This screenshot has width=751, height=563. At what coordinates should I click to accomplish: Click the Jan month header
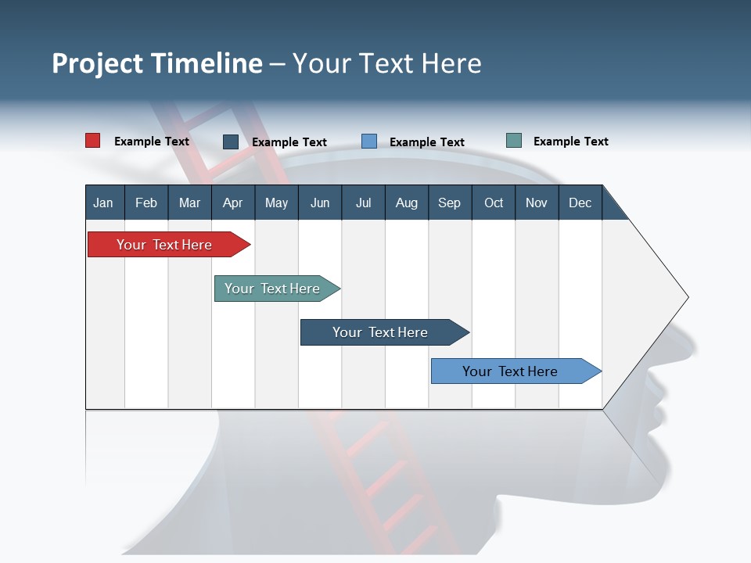[x=103, y=203]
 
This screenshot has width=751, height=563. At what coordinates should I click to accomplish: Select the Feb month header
[x=146, y=203]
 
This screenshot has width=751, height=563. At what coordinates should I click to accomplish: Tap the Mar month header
[x=189, y=203]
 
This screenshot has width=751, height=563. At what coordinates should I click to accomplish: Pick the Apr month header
[x=232, y=203]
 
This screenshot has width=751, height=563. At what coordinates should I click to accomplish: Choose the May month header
[x=276, y=203]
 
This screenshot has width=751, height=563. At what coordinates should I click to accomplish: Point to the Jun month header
[x=320, y=203]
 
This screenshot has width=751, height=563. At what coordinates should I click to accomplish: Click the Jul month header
[x=363, y=203]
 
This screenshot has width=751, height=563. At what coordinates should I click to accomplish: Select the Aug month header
[x=406, y=203]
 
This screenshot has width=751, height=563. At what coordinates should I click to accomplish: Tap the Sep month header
[x=449, y=203]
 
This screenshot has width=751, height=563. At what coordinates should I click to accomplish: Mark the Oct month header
[x=494, y=203]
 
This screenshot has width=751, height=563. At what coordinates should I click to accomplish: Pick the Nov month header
[x=537, y=203]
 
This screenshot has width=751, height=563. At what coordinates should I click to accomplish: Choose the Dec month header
[x=580, y=203]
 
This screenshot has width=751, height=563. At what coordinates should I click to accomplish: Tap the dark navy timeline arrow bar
[x=381, y=332]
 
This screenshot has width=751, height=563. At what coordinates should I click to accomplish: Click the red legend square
[x=92, y=141]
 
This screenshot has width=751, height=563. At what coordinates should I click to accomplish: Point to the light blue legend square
[x=369, y=142]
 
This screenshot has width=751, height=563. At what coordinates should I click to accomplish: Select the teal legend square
[x=514, y=141]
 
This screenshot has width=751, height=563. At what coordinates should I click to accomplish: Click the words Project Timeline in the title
[x=157, y=63]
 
